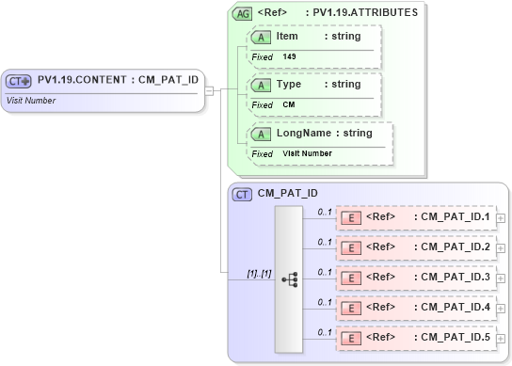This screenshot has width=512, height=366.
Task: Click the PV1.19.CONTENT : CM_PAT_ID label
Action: pos(118,80)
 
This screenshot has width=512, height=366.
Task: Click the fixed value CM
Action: pos(289,104)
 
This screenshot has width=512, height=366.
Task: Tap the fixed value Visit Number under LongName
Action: pos(307,153)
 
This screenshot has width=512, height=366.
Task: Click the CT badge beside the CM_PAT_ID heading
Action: pos(243,194)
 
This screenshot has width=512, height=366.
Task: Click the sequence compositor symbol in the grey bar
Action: pos(289,278)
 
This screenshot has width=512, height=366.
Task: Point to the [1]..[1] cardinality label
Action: pos(259,274)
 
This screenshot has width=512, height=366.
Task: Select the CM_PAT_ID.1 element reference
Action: pos(415,217)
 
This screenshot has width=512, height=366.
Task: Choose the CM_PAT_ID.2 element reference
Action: pos(415,247)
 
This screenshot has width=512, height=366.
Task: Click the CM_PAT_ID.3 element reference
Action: pos(415,278)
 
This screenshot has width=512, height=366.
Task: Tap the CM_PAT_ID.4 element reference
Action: pos(415,308)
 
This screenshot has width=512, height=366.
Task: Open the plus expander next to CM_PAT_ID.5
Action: pos(501,338)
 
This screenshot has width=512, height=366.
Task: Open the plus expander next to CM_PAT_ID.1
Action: pos(501,217)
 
